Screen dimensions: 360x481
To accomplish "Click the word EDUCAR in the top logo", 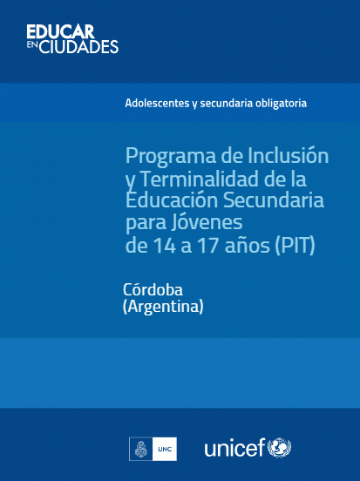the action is (60, 32).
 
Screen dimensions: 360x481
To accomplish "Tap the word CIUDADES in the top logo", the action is (79, 47).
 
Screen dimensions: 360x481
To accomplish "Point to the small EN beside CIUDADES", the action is (32, 44).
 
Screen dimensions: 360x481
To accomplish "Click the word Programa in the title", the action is (171, 157).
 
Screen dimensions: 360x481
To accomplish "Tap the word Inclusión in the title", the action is (288, 155).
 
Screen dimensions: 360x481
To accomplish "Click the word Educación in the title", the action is (172, 200).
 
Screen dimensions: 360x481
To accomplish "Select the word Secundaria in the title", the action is (273, 200).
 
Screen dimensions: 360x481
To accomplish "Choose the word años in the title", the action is (247, 245).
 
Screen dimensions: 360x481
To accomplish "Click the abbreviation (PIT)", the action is (295, 246).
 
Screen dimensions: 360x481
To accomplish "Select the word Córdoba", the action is (153, 289).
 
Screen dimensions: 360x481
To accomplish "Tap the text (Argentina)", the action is (163, 306).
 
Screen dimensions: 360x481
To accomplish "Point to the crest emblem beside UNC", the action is (141, 449).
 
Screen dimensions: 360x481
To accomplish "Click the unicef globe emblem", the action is (279, 448).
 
